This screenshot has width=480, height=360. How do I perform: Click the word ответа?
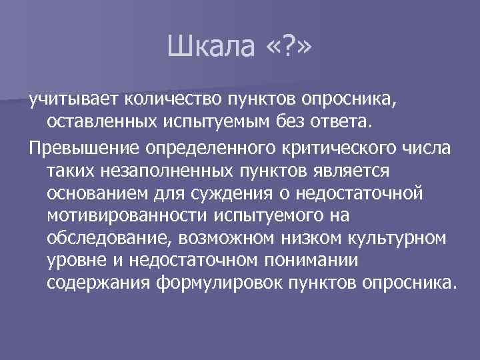point(349,123)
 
